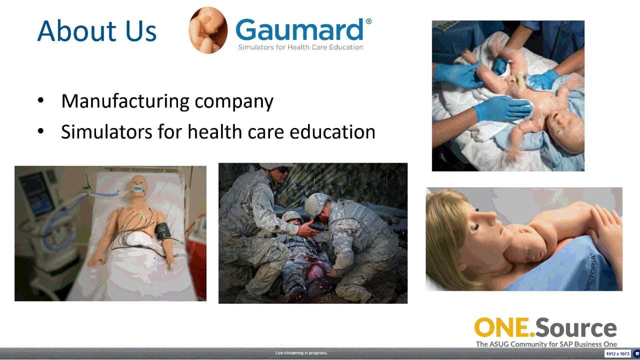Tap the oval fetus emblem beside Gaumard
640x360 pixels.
click(208, 30)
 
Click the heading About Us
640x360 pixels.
click(97, 30)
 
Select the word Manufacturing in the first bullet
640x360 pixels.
click(125, 101)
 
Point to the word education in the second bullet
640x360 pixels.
click(332, 131)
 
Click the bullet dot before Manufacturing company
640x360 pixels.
click(40, 100)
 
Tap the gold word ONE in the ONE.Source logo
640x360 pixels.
click(502, 327)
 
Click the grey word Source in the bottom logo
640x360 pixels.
click(576, 327)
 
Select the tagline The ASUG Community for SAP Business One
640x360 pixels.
click(546, 344)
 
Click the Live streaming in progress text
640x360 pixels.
click(301, 353)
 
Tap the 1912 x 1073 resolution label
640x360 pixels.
click(617, 353)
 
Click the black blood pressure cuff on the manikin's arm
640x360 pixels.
click(162, 230)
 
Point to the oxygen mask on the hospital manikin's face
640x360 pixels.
click(139, 189)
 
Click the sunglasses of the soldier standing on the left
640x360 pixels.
click(283, 170)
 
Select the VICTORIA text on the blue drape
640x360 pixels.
click(591, 271)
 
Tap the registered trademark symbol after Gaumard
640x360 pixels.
click(368, 21)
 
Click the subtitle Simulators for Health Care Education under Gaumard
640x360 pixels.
click(300, 47)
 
